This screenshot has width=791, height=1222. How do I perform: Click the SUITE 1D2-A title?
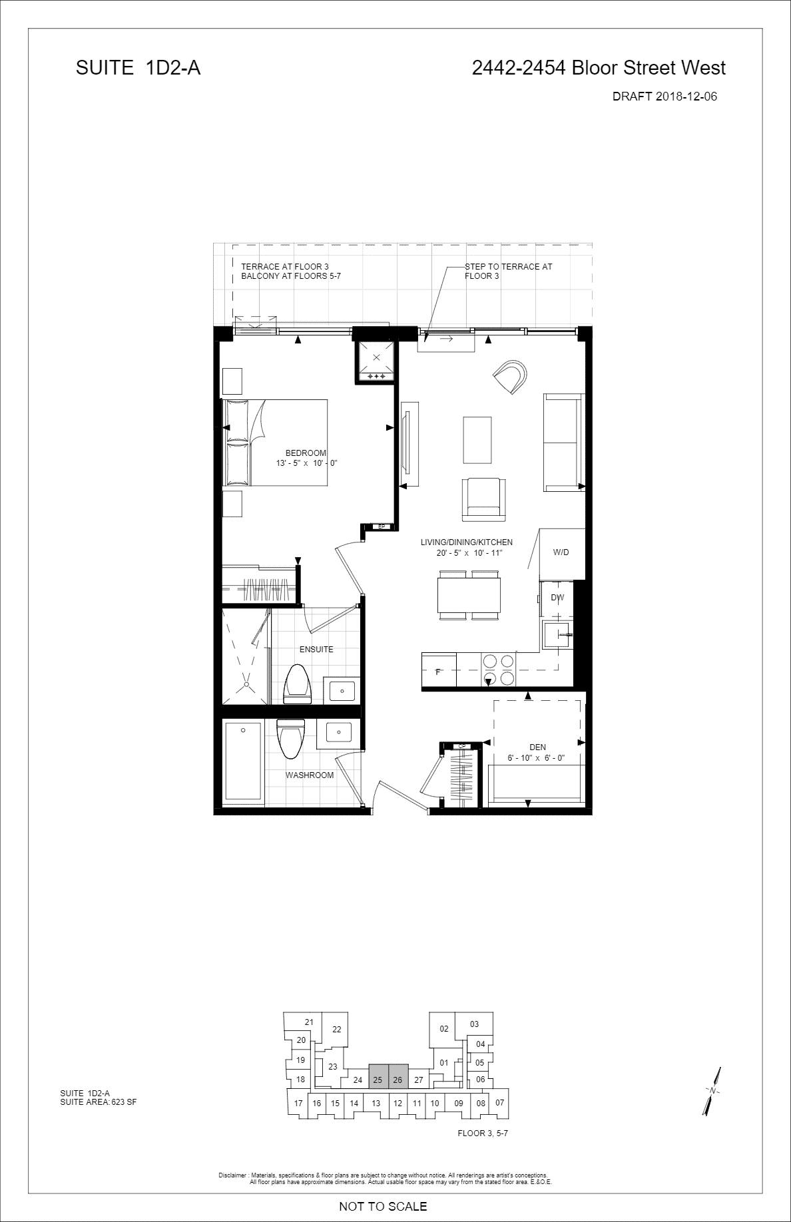click(x=138, y=68)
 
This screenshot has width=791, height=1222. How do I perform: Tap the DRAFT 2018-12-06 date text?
click(x=664, y=97)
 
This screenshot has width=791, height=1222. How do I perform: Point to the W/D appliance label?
click(x=561, y=552)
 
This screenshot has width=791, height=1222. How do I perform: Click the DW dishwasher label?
click(x=557, y=598)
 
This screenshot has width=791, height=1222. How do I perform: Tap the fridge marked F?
click(x=439, y=670)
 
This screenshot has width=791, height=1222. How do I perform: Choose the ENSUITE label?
click(x=316, y=650)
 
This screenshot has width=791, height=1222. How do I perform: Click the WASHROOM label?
click(x=310, y=775)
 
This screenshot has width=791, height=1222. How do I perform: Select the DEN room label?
click(x=538, y=747)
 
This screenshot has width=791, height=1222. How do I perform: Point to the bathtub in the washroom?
click(x=243, y=761)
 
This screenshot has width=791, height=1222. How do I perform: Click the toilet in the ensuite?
click(x=297, y=684)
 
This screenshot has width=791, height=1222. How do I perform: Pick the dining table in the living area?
click(x=469, y=595)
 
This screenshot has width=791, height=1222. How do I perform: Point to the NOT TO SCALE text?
click(x=383, y=1205)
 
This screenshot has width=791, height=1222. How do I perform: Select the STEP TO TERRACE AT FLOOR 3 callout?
click(x=508, y=271)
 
